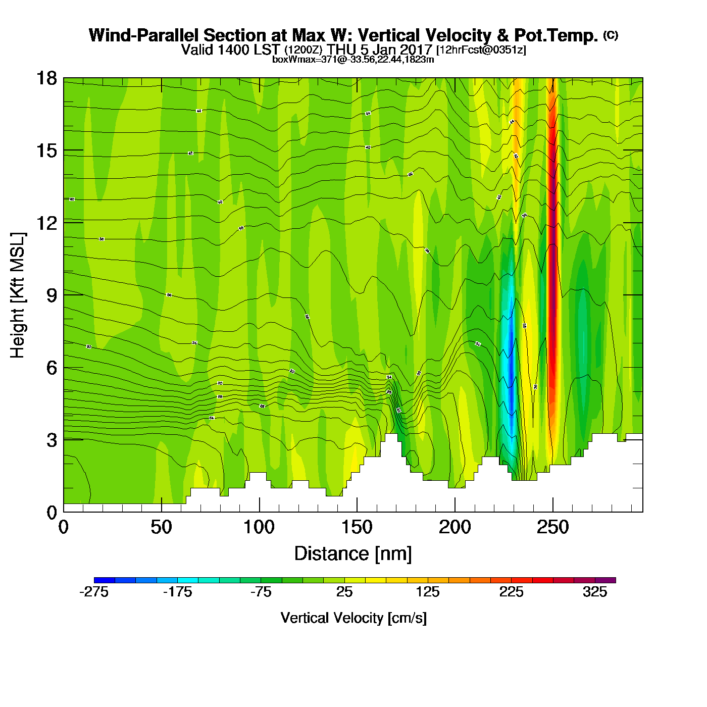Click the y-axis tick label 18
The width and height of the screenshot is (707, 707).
pyautogui.click(x=46, y=78)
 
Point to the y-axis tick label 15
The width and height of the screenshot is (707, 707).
pyautogui.click(x=46, y=150)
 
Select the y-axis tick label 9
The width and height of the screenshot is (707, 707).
pyautogui.click(x=52, y=295)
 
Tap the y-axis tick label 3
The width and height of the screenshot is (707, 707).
pyautogui.click(x=52, y=440)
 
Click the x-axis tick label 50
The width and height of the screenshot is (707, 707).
pyautogui.click(x=161, y=528)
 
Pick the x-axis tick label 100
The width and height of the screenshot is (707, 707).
pyautogui.click(x=259, y=528)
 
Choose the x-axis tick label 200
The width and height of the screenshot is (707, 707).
pyautogui.click(x=454, y=528)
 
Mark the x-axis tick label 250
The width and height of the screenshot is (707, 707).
pyautogui.click(x=552, y=528)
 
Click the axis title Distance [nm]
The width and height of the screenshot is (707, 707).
pyautogui.click(x=353, y=554)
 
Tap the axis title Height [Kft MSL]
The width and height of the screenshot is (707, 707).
pyautogui.click(x=18, y=295)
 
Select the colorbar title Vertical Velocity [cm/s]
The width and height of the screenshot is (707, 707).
pyautogui.click(x=353, y=618)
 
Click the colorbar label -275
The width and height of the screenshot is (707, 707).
pyautogui.click(x=94, y=592)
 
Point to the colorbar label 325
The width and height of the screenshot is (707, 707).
pyautogui.click(x=595, y=592)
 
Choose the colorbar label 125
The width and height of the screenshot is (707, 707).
pyautogui.click(x=428, y=592)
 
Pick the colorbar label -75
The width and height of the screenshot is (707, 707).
pyautogui.click(x=261, y=592)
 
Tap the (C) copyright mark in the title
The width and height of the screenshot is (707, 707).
pyautogui.click(x=611, y=35)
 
